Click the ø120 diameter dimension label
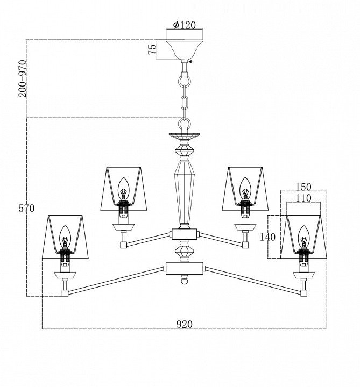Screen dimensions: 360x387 [185, 25]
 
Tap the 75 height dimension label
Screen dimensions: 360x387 [152, 49]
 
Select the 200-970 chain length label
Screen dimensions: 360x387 [22, 79]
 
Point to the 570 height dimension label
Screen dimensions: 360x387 [26, 209]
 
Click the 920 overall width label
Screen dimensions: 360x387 [185, 324]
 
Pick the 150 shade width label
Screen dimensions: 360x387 [303, 187]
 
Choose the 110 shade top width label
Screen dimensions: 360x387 [303, 198]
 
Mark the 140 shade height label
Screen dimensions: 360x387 [267, 237]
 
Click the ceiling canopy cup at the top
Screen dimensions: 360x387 [185, 49]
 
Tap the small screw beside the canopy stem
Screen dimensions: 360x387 [190, 61]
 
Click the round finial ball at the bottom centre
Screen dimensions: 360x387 [185, 280]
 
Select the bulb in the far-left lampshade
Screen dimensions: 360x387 [65, 236]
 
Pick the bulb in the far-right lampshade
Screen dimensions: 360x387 [303, 236]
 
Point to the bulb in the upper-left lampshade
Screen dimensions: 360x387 [123, 188]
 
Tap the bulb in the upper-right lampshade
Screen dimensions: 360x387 [245, 188]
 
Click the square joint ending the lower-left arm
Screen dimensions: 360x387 [65, 293]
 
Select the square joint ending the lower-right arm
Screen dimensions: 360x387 [303, 293]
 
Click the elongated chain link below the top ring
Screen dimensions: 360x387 [185, 104]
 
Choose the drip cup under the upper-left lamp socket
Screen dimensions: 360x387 [123, 227]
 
